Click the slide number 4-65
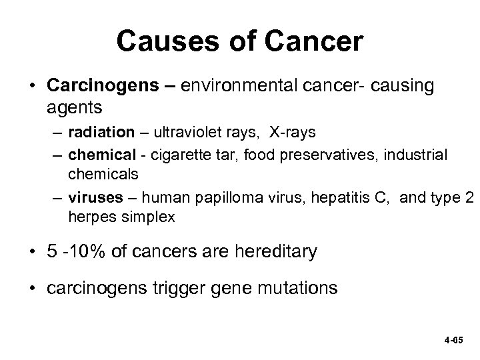tap(452, 338)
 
